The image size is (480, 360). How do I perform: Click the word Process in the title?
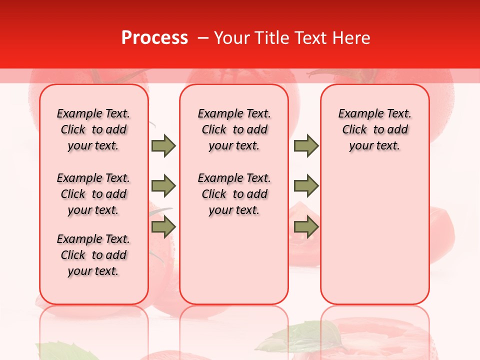tap(154, 38)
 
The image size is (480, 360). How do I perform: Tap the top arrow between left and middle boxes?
tap(163, 145)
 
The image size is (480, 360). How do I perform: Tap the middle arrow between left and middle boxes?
tap(163, 186)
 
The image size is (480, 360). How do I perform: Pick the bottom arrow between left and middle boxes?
tap(163, 227)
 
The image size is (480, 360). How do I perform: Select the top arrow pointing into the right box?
tap(306, 145)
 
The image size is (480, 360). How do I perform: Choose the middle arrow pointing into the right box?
tap(306, 186)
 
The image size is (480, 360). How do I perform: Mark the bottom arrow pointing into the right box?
tap(306, 227)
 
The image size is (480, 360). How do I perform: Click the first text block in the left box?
tap(93, 129)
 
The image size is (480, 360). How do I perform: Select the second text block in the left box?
tap(93, 194)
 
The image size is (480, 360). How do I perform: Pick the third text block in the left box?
tap(93, 255)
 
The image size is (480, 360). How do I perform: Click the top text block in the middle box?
tap(234, 129)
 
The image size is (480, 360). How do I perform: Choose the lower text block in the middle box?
tap(234, 194)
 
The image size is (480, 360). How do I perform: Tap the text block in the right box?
tap(374, 129)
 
